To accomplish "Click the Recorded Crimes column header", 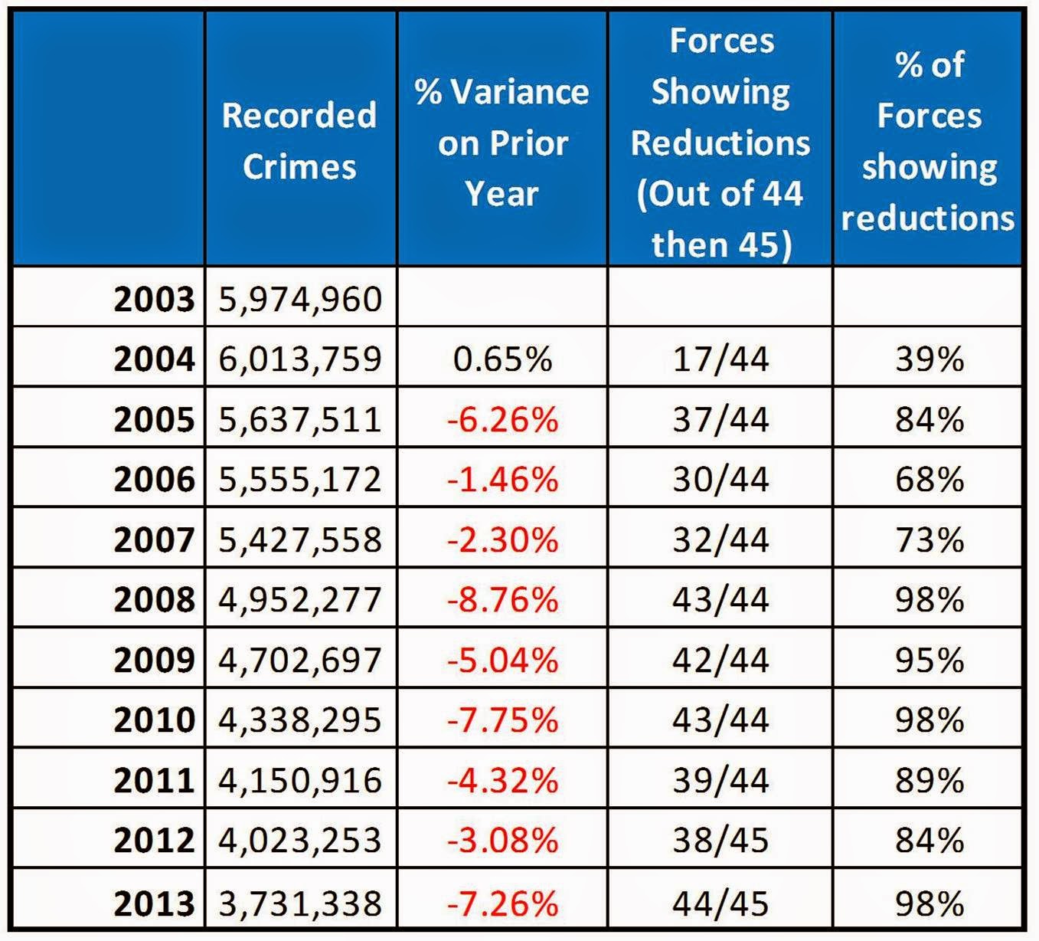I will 299,141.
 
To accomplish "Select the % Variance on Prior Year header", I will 502,143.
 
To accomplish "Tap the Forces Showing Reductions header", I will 720,143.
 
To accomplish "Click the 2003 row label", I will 154,299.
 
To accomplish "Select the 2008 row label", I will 154,599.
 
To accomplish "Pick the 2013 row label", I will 154,903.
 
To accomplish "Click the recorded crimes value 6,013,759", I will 300,359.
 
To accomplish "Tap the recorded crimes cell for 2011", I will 300,780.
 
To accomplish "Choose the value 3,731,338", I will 300,903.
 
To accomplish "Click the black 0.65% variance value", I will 502,359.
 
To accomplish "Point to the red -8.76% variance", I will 502,599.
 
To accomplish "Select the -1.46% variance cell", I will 502,480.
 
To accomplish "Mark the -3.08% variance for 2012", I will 502,841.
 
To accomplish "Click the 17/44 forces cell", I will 720,359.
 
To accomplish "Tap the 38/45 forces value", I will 720,841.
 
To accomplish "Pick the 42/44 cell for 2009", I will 720,660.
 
